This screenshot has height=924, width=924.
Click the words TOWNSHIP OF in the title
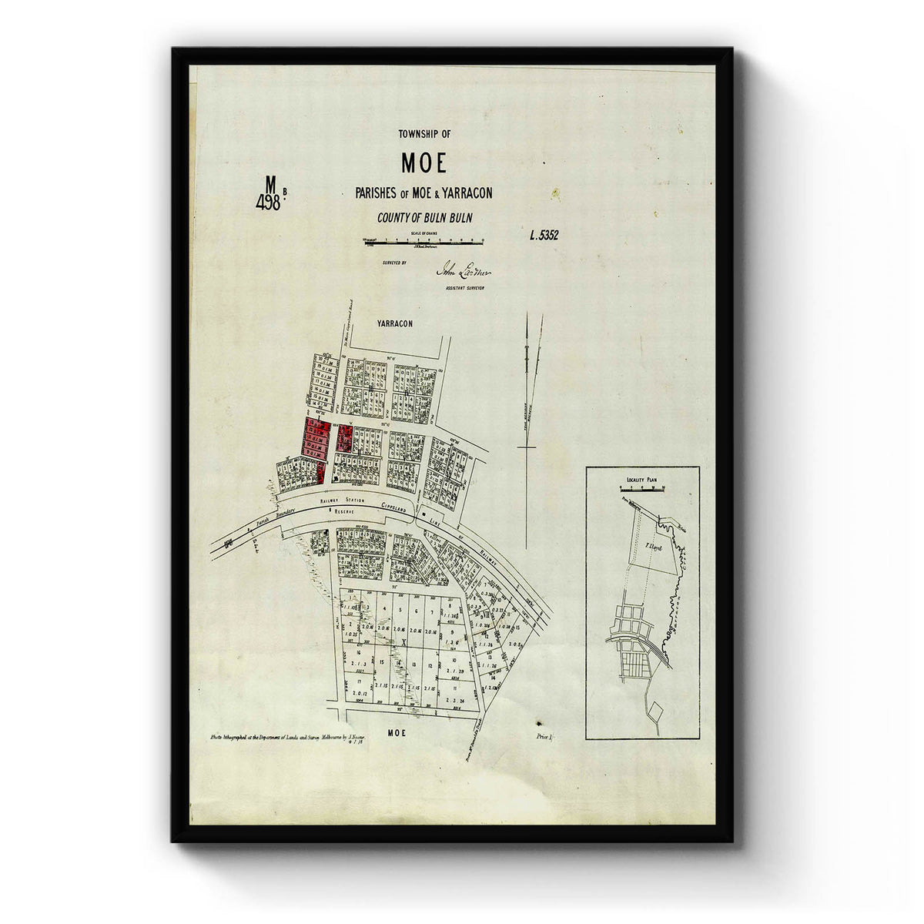point(424,134)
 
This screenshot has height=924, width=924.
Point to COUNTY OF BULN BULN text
point(424,218)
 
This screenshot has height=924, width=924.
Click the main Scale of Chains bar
point(423,243)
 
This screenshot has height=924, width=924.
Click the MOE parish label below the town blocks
point(397,733)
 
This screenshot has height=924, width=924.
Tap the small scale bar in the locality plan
point(641,488)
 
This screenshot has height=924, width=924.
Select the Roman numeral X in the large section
point(403,640)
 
